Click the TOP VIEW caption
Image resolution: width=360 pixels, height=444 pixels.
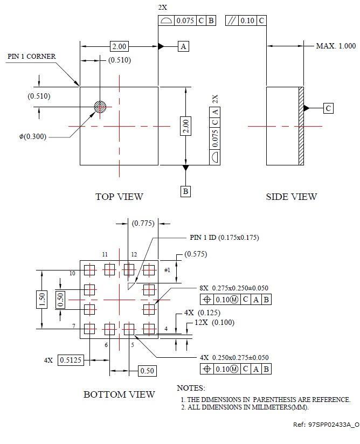point(119,197)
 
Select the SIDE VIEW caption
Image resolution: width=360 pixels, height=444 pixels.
point(291,197)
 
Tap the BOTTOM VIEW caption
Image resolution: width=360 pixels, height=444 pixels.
point(119,394)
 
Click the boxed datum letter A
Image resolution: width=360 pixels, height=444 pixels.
point(183,47)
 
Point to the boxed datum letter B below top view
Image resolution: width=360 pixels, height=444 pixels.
point(185,191)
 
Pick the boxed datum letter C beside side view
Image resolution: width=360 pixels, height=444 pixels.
point(328,108)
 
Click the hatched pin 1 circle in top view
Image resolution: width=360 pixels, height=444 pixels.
point(100,107)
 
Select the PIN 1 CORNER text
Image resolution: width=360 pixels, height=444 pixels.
point(31,57)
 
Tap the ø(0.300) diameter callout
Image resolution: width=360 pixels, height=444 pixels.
point(32,136)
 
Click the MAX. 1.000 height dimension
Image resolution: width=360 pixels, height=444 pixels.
point(336,46)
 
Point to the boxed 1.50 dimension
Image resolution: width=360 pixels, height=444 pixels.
point(42,299)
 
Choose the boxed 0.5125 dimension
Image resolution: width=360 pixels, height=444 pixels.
point(71,360)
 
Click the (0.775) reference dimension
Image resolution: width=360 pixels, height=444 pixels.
point(143,223)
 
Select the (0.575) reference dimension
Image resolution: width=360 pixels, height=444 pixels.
point(195,254)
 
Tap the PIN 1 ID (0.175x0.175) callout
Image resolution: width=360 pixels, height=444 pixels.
point(228,238)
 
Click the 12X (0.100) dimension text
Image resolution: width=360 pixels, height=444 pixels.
point(214,322)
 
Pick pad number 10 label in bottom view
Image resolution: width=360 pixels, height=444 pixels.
point(72,274)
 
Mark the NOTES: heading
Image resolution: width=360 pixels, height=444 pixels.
point(191,388)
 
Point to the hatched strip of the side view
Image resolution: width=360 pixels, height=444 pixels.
point(301,126)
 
